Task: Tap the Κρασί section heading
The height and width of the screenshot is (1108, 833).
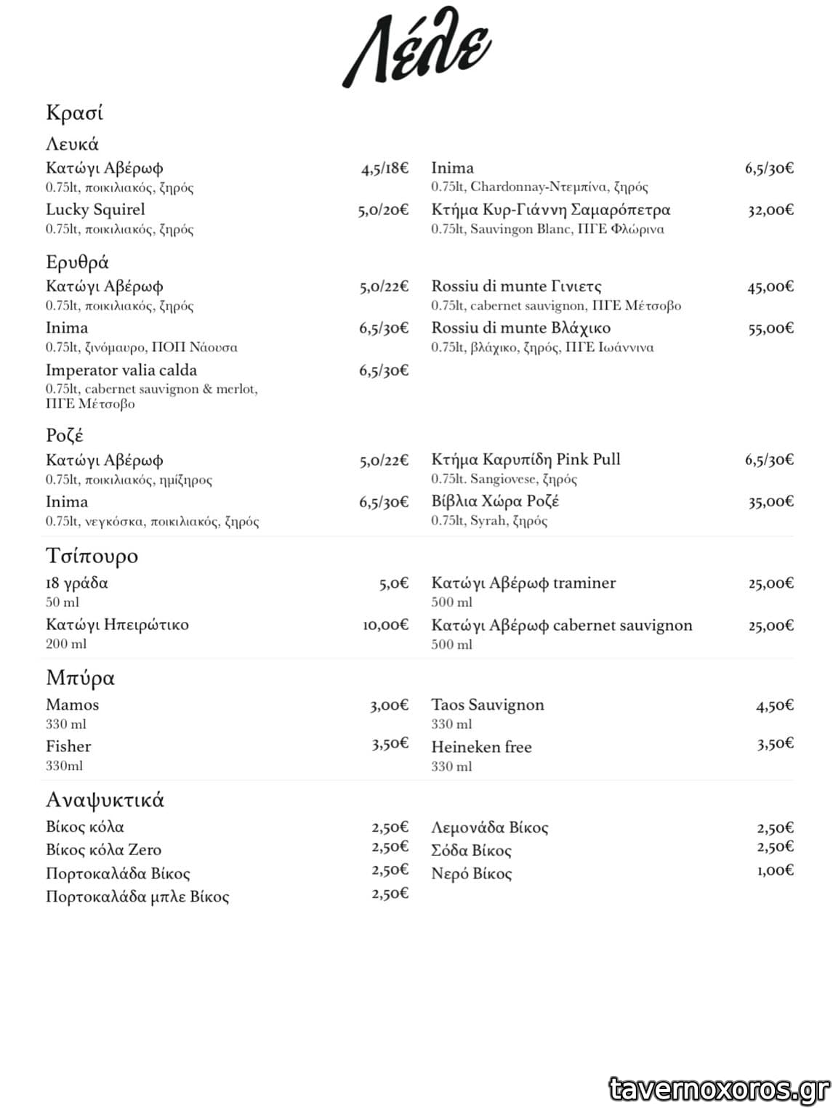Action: pyautogui.click(x=74, y=113)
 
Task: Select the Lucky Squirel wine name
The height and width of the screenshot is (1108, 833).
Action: pyautogui.click(x=95, y=210)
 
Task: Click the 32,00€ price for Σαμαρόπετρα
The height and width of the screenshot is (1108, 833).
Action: pyautogui.click(x=770, y=211)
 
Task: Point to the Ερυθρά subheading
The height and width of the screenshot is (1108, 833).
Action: pyautogui.click(x=77, y=262)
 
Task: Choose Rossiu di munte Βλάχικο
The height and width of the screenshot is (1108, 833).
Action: pyautogui.click(x=520, y=328)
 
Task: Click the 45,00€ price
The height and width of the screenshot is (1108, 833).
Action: pyautogui.click(x=770, y=287)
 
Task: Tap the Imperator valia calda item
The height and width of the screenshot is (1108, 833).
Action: pyautogui.click(x=121, y=371)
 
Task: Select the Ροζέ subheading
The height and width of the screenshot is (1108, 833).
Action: pyautogui.click(x=65, y=435)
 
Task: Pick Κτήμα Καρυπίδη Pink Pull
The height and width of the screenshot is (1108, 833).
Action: pyautogui.click(x=526, y=459)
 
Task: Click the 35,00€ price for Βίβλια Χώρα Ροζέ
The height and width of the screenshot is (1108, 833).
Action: pyautogui.click(x=770, y=502)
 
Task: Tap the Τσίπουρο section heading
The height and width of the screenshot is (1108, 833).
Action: pyautogui.click(x=92, y=556)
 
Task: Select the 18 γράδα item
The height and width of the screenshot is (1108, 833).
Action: pyautogui.click(x=76, y=583)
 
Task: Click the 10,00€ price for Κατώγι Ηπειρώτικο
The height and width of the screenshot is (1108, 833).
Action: pyautogui.click(x=385, y=625)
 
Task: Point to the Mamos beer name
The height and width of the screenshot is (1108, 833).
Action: pyautogui.click(x=72, y=705)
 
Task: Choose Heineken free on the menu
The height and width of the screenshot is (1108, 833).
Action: pyautogui.click(x=481, y=747)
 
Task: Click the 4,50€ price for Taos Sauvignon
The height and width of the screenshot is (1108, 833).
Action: pyautogui.click(x=775, y=705)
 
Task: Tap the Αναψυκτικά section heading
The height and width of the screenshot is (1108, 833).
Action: pyautogui.click(x=105, y=800)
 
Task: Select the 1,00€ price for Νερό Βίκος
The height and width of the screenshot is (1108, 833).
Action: pyautogui.click(x=775, y=870)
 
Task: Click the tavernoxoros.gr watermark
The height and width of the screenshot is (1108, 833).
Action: pyautogui.click(x=718, y=1089)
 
